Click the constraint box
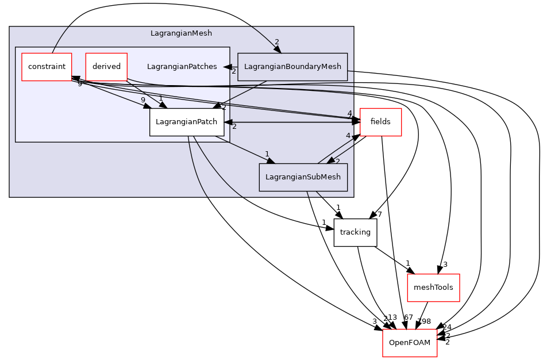[x=47, y=67]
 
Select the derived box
[x=106, y=67]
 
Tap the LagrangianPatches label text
[x=182, y=67]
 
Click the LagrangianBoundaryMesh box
[x=292, y=67]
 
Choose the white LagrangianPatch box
[x=187, y=122]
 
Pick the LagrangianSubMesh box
[x=303, y=177]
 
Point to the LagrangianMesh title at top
[x=181, y=33]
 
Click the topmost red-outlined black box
[x=380, y=122]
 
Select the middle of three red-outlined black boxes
[x=433, y=288]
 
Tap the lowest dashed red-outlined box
[x=410, y=343]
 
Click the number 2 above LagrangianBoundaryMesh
[x=276, y=42]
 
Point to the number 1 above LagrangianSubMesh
[x=267, y=154]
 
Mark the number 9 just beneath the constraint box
[x=80, y=84]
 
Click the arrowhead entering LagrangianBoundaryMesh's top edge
[x=278, y=49]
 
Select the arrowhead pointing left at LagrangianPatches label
[x=228, y=67]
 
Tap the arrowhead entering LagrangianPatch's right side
[x=228, y=122]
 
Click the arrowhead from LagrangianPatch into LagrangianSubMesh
[x=270, y=160]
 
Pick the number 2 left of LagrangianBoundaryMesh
[x=234, y=71]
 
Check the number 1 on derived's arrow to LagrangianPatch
[x=161, y=98]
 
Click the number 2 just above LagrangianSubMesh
[x=338, y=162]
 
